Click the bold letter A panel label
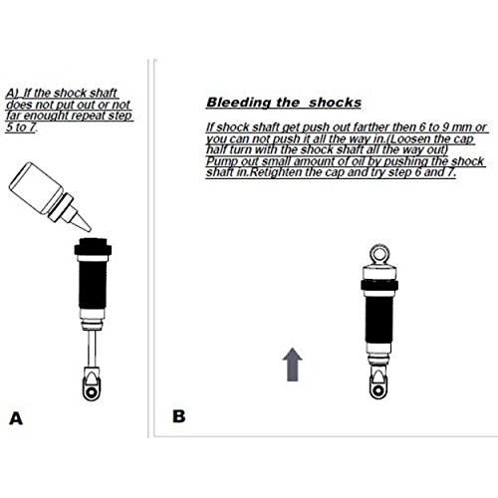[15, 418]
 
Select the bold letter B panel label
[178, 415]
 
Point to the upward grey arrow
[293, 366]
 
